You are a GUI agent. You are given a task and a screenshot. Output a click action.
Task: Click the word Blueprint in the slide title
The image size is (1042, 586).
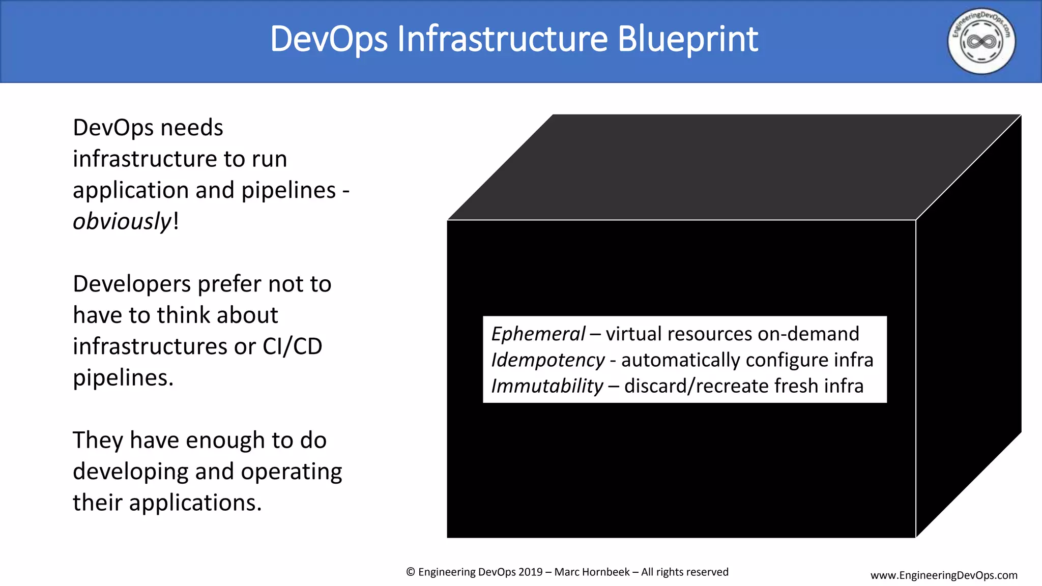point(687,39)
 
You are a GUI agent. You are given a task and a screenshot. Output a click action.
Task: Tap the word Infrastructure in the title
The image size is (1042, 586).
point(502,39)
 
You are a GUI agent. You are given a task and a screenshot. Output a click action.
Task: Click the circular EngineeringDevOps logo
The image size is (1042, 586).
point(981,41)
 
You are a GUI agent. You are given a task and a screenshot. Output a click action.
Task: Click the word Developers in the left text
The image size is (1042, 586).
point(132,284)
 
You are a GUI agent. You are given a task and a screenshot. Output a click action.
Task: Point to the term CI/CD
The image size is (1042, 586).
point(292,346)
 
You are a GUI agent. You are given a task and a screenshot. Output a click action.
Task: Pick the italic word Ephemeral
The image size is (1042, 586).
point(538,334)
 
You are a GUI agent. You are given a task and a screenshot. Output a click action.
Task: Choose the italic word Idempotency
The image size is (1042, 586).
point(548,360)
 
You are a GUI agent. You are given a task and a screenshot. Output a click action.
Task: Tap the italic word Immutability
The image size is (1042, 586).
point(547,386)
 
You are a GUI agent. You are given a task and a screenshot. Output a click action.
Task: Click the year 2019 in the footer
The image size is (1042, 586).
point(530,572)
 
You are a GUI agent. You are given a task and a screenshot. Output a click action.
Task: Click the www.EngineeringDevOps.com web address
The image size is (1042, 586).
point(944,575)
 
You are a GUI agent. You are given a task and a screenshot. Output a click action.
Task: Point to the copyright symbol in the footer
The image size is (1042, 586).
point(411,572)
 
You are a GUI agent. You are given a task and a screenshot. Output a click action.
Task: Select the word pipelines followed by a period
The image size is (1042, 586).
point(123,378)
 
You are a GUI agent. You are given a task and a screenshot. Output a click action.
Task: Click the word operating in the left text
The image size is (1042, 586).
point(291,472)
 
